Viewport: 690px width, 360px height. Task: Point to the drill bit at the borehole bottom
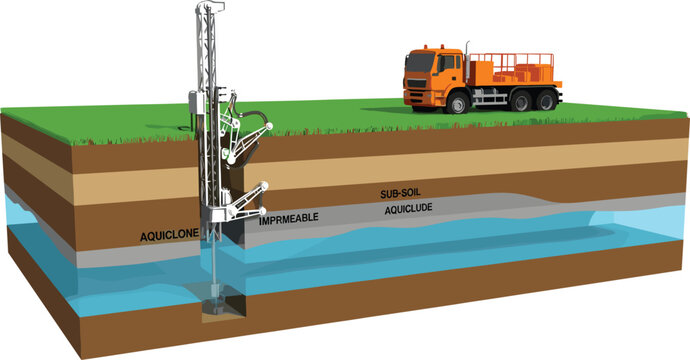point(213,301)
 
